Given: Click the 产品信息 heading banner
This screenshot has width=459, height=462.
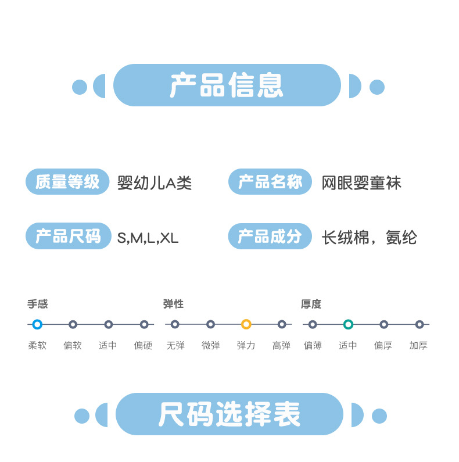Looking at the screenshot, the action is (x=227, y=85).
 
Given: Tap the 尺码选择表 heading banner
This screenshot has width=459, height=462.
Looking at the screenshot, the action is (x=229, y=414).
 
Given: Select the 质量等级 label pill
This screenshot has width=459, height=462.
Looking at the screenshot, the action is (x=67, y=182).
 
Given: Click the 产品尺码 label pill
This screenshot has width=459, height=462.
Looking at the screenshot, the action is (x=68, y=236).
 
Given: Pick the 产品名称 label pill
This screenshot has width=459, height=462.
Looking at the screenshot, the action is (x=270, y=182).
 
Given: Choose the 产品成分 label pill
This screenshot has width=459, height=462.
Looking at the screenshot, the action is (x=270, y=236).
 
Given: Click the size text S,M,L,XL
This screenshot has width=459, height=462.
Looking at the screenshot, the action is (x=148, y=238).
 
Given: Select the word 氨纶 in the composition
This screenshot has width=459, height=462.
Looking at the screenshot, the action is (x=401, y=238).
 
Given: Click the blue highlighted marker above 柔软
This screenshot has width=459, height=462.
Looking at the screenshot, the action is (x=37, y=324).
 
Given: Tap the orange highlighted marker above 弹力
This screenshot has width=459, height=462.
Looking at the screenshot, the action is (x=246, y=324).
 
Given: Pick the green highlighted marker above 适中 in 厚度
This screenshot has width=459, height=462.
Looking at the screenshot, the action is (x=348, y=324).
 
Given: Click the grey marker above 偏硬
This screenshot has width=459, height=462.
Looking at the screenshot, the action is (x=144, y=324).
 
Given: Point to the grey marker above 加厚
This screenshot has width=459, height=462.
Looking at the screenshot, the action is (x=419, y=324).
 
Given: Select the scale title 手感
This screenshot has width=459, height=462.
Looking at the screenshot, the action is (x=37, y=304).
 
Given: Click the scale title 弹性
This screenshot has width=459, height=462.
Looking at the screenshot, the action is (x=173, y=304).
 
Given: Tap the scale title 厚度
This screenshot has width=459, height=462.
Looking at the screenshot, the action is (x=311, y=304).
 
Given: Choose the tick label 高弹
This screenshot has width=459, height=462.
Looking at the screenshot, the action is (x=281, y=345).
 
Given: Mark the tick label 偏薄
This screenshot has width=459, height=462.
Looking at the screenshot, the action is (x=313, y=345).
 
